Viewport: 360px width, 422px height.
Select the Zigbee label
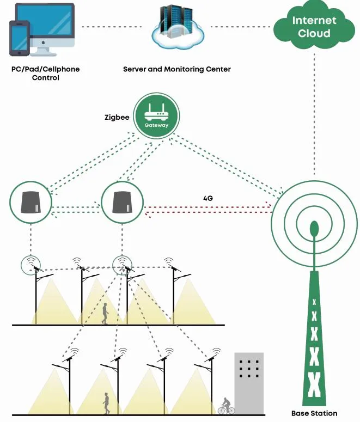coord(117,117)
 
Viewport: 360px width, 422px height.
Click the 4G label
coord(207,199)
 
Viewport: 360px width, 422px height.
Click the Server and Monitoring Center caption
coord(176,69)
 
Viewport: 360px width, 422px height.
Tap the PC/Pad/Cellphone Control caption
coord(46,74)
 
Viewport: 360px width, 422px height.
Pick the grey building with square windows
coord(249,381)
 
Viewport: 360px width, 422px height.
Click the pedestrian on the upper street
coord(105,314)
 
